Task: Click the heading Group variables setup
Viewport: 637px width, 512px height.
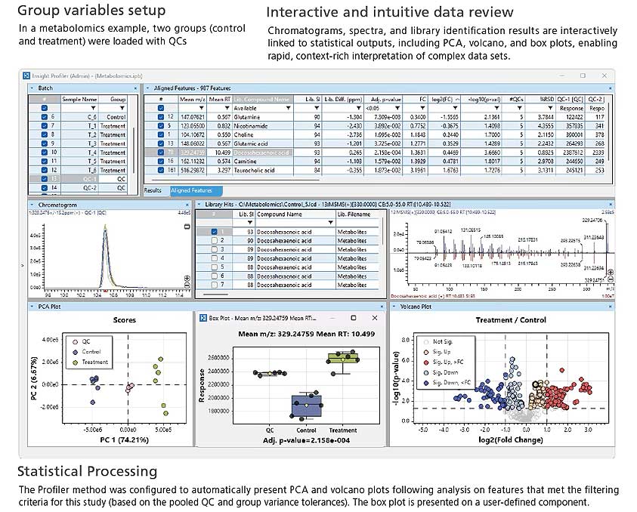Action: click(x=91, y=11)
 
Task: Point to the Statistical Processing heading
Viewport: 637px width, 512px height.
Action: click(x=88, y=471)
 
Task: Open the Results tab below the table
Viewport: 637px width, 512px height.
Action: click(x=153, y=190)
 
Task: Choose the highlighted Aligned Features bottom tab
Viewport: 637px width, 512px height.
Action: click(x=191, y=190)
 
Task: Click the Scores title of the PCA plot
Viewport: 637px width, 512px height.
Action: click(x=125, y=320)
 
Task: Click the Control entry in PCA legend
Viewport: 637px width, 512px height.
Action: click(x=91, y=351)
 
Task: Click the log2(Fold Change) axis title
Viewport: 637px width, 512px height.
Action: click(x=504, y=439)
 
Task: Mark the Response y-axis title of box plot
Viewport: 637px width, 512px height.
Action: click(x=202, y=386)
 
